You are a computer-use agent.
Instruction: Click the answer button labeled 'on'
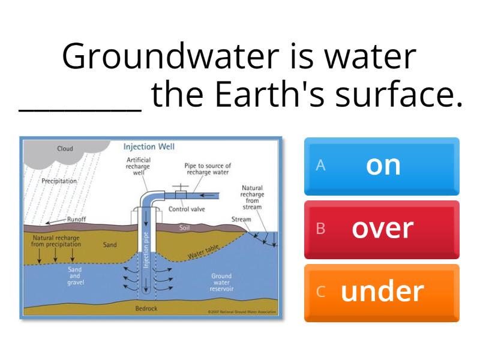[382, 166]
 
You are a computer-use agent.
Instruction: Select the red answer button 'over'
[382, 229]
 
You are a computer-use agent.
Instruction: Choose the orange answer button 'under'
[382, 292]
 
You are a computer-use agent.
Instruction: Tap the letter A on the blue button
[320, 166]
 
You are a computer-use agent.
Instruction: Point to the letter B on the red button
[320, 229]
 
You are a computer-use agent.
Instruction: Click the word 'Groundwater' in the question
[170, 56]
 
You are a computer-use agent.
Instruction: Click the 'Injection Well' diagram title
[149, 146]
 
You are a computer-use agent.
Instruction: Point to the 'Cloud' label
[65, 149]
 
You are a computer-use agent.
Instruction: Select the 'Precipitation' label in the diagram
[59, 181]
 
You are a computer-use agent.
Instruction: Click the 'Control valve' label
[187, 209]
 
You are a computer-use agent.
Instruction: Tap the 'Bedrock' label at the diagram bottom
[146, 308]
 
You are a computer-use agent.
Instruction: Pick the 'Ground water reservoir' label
[221, 282]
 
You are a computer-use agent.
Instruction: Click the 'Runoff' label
[76, 220]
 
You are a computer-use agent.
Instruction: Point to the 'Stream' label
[241, 220]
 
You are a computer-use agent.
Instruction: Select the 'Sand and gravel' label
[75, 276]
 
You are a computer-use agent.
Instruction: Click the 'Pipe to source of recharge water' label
[208, 169]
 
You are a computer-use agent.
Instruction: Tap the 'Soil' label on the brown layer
[185, 229]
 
